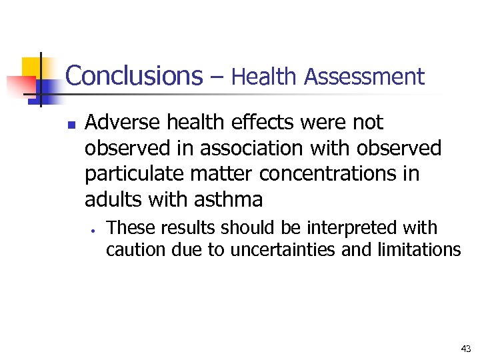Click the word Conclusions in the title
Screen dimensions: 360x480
pos(133,75)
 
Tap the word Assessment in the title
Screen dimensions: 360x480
pos(364,77)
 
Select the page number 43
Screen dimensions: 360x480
pos(465,349)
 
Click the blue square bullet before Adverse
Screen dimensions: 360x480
pos(73,124)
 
